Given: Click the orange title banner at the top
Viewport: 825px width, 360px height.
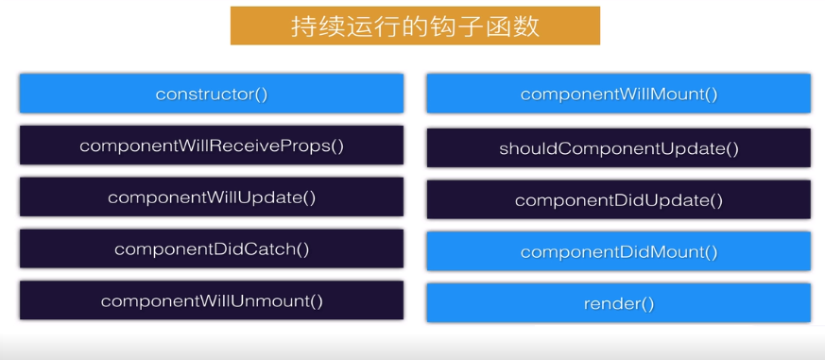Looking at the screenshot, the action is pyautogui.click(x=415, y=26).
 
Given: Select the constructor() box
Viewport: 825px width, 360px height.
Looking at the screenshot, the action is pyautogui.click(x=212, y=94).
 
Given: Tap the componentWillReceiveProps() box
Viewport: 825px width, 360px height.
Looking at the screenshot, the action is pyautogui.click(x=212, y=146).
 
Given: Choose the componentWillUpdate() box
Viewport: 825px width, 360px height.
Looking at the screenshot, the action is pyautogui.click(x=212, y=197).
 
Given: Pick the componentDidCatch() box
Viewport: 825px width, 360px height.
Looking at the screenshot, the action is pyautogui.click(x=212, y=249).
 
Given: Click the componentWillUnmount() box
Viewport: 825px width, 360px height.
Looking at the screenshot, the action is pyautogui.click(x=212, y=300).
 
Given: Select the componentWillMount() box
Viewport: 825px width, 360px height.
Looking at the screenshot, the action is pyautogui.click(x=619, y=94).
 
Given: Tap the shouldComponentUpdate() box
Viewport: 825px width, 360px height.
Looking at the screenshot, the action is pyautogui.click(x=619, y=148).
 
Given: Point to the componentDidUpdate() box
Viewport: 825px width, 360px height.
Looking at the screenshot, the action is pyautogui.click(x=619, y=199).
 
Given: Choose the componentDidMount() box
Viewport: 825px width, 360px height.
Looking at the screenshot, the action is pyautogui.click(x=619, y=251).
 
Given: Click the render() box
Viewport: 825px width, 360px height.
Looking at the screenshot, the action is pyautogui.click(x=619, y=302).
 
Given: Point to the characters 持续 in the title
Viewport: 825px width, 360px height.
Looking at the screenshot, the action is pyautogui.click(x=315, y=26).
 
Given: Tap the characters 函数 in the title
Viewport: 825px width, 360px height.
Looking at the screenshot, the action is pyautogui.click(x=516, y=26).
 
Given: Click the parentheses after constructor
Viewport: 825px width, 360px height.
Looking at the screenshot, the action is pyautogui.click(x=262, y=94).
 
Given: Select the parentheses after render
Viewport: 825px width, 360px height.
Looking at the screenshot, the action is pyautogui.click(x=647, y=303).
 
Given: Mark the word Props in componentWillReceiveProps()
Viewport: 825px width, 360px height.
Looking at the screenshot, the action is pyautogui.click(x=311, y=146).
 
